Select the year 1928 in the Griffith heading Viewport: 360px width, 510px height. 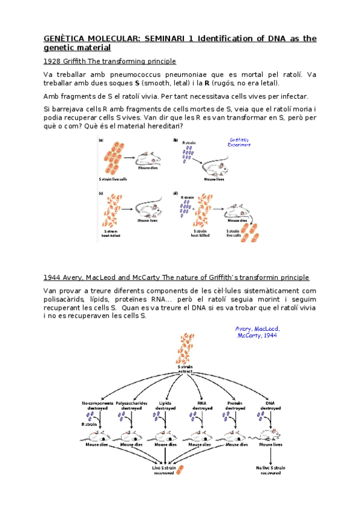[52, 61]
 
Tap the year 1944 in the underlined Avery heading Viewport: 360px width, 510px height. [52, 277]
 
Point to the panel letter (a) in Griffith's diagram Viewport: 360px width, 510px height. [100, 140]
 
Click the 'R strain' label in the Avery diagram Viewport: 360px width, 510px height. [88, 423]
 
